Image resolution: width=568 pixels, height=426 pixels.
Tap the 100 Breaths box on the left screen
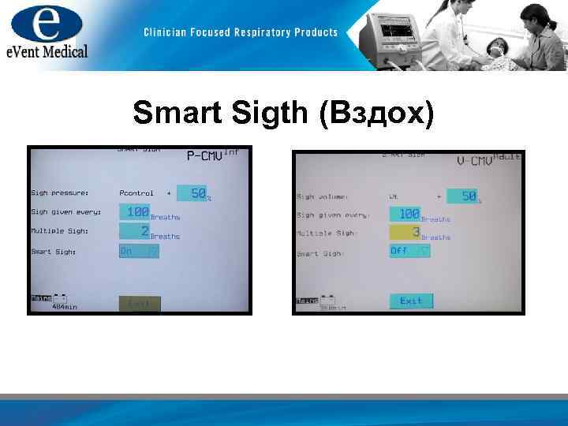(135, 212)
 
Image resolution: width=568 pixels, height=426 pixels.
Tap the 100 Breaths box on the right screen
(405, 214)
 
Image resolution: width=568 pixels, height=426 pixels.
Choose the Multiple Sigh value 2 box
(135, 231)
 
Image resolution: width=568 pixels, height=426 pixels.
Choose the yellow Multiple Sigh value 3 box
(405, 233)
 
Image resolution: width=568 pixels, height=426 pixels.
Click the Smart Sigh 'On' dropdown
(139, 251)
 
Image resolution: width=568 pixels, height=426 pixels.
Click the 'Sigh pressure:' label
(60, 192)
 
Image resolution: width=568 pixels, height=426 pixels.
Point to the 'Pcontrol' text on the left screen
(136, 192)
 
